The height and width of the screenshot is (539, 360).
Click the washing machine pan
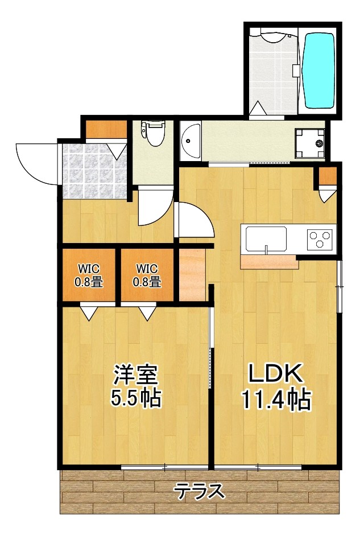coord(310,142)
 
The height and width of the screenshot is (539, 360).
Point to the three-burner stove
coord(320,239)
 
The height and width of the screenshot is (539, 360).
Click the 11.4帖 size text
coord(276,400)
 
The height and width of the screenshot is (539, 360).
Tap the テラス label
coord(199,491)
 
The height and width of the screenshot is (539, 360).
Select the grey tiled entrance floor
coord(94,171)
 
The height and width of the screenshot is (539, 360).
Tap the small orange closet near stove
coord(328,176)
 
